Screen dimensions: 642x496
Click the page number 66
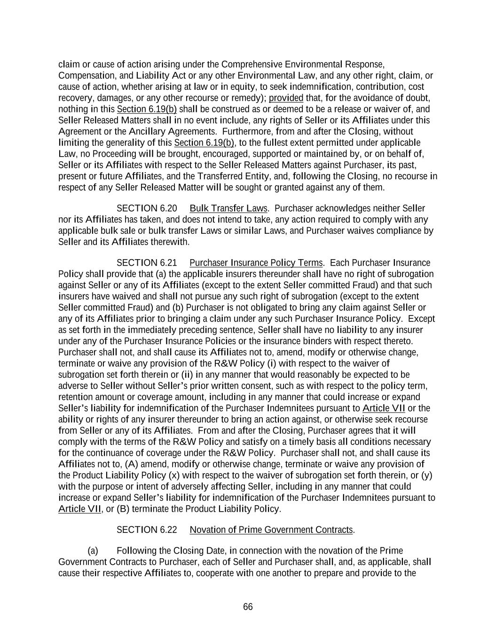click(x=248, y=607)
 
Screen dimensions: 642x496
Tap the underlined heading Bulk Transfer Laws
click(x=228, y=208)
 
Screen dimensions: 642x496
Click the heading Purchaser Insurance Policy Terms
click(x=256, y=262)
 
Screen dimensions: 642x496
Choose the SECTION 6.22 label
click(x=147, y=530)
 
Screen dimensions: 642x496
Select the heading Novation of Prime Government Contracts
click(x=271, y=530)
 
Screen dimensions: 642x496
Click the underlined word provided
click(x=286, y=98)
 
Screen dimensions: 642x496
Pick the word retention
click(x=75, y=397)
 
